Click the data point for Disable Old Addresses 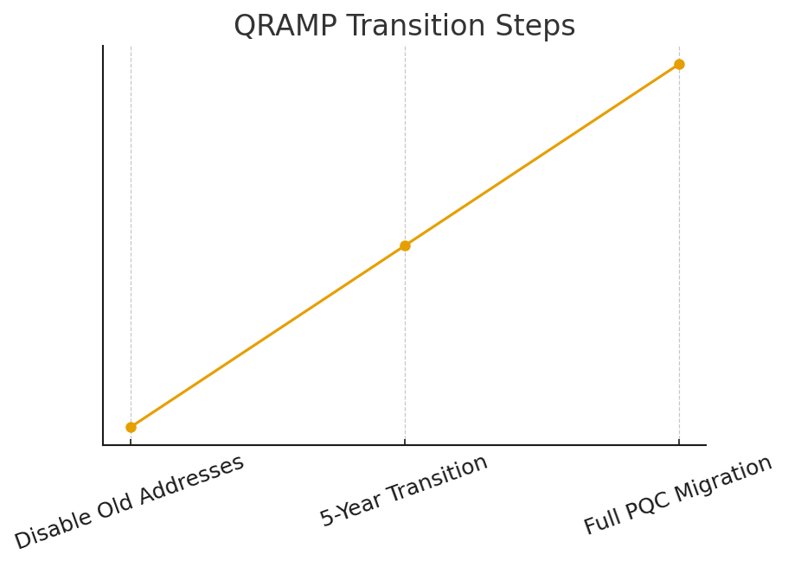(131, 427)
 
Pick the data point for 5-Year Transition (405, 245)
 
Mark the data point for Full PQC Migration (680, 64)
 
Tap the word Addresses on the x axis (191, 481)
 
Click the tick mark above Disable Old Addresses (131, 442)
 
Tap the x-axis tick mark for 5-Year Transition (405, 442)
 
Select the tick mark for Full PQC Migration (680, 442)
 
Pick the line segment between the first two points (268, 336)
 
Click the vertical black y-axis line (103, 245)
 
